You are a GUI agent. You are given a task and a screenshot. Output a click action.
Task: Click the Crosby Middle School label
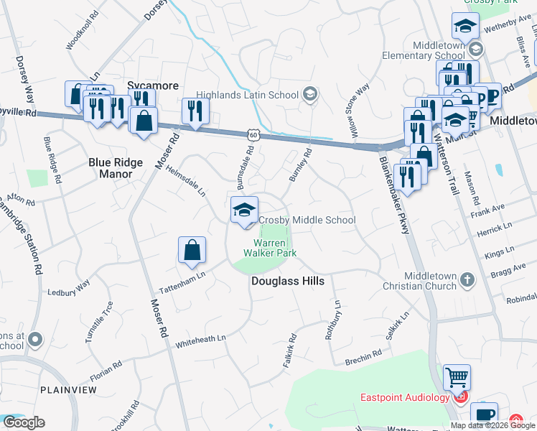point(307,220)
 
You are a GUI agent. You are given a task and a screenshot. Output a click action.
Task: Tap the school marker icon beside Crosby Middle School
point(244,210)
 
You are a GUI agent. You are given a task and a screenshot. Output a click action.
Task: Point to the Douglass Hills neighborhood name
point(287,282)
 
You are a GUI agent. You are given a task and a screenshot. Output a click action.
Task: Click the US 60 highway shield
point(252,134)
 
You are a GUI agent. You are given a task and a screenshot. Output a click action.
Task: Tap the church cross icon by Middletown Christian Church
point(467,279)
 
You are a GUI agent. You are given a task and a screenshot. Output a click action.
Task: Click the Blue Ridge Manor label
point(111,168)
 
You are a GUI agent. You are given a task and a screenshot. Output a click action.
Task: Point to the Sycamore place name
point(153,85)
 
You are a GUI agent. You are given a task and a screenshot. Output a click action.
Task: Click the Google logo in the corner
point(23,422)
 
